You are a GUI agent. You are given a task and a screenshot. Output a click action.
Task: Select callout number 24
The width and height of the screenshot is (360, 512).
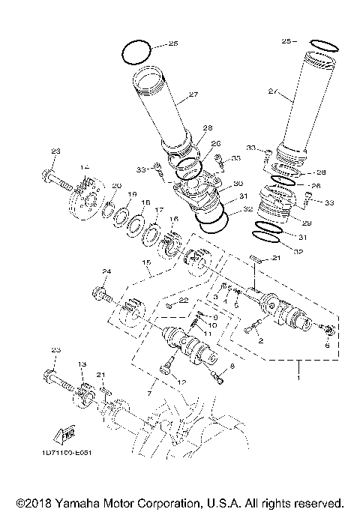[x=106, y=271]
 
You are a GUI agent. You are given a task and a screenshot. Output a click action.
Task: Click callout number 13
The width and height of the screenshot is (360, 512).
[x=82, y=364]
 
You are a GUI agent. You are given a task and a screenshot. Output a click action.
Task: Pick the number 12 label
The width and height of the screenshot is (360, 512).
[x=180, y=382]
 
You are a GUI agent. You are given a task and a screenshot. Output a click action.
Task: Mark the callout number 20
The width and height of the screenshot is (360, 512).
[x=116, y=186]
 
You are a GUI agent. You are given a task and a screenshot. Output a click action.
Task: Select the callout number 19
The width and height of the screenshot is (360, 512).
[x=131, y=195]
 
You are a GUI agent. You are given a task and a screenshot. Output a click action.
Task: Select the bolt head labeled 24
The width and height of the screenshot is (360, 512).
[x=97, y=292]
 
